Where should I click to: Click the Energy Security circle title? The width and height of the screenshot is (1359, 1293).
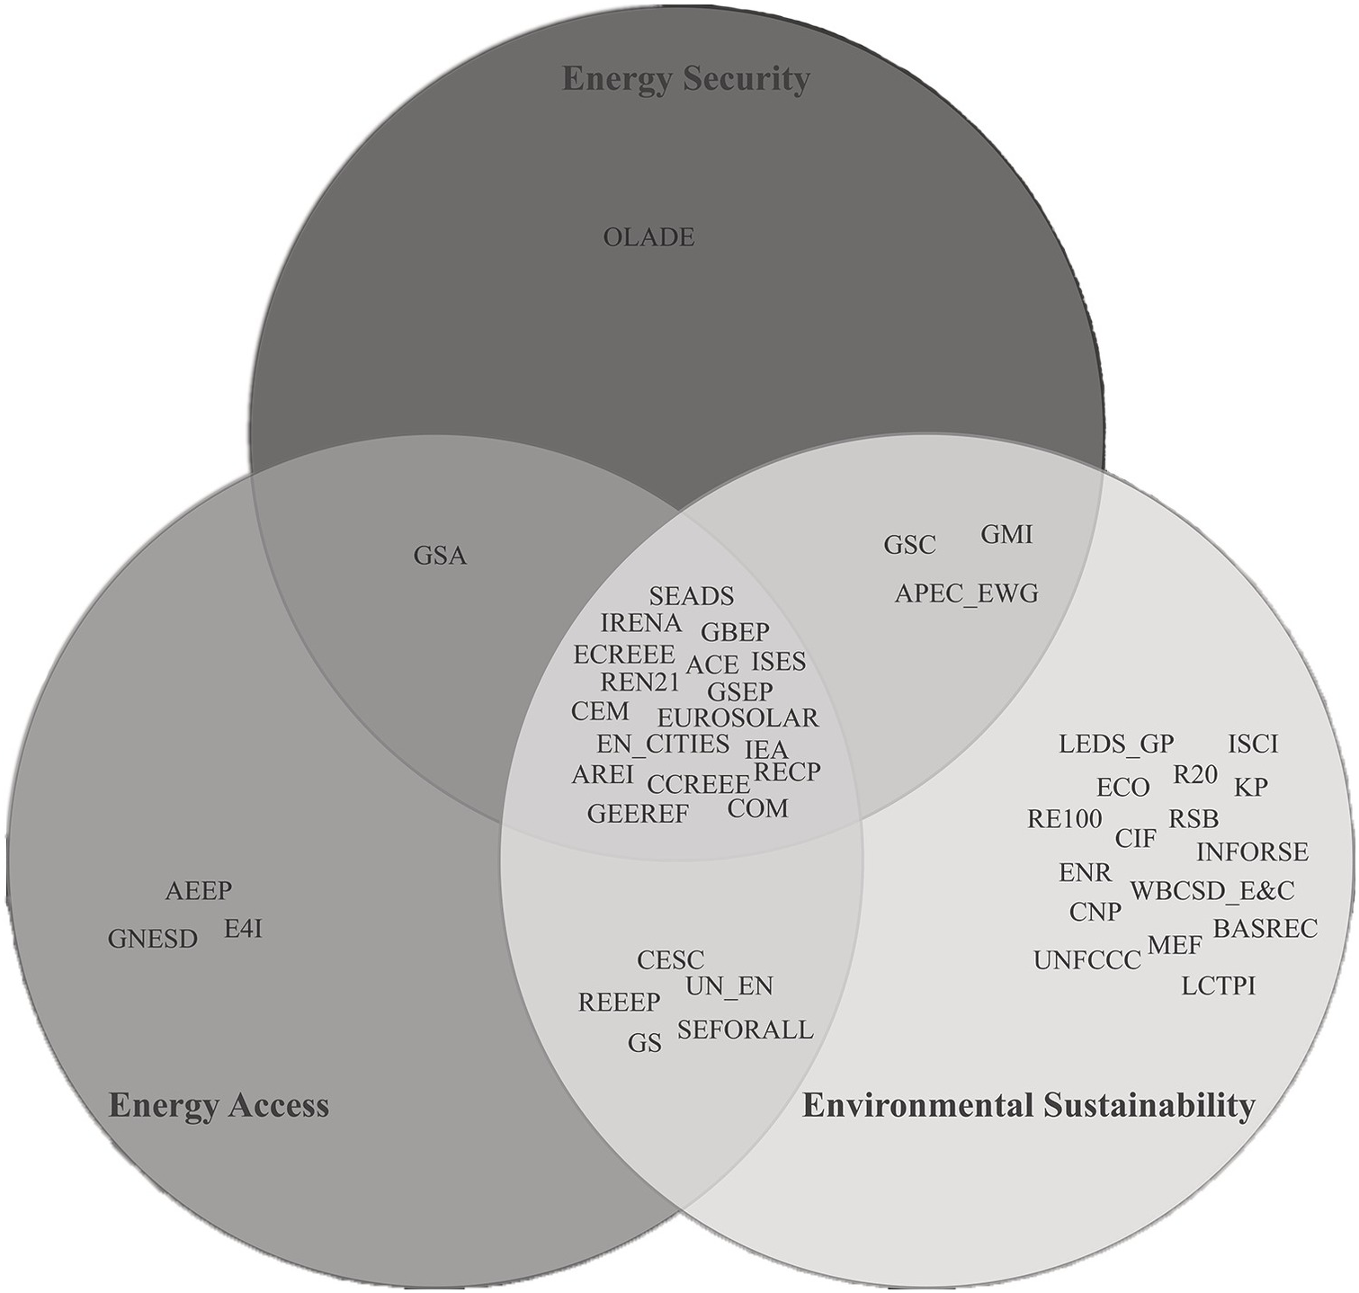pos(685,79)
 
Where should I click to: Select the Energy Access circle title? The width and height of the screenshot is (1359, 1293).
pos(219,1105)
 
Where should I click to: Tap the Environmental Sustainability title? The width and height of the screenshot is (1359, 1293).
pos(1028,1105)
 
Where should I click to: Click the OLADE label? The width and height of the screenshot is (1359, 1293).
pos(648,238)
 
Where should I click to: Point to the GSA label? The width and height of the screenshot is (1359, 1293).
pos(440,556)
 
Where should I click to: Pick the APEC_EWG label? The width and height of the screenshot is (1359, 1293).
pos(966,593)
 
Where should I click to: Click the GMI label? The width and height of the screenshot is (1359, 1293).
pos(1006,535)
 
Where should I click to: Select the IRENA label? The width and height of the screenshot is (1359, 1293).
pos(641,622)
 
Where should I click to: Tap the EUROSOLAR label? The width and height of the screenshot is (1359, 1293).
pos(738,718)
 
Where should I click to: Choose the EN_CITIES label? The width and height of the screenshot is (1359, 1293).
pos(663,745)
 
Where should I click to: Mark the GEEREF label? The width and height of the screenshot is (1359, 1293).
pos(638,814)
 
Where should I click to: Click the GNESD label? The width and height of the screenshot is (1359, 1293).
pos(152,940)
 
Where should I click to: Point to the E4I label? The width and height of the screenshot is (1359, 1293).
pos(243,929)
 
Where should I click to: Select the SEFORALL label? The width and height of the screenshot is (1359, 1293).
pos(745,1030)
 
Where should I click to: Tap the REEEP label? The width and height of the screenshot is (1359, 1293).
pos(619,1002)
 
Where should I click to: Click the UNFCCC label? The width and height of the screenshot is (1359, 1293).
pos(1086,961)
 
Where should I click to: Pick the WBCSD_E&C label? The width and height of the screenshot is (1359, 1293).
pos(1211,891)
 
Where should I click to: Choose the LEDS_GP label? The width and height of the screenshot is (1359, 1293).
pos(1116,745)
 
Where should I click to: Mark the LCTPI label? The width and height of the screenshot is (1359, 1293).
pos(1218,986)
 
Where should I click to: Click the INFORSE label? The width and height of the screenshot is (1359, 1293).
pos(1252,852)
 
